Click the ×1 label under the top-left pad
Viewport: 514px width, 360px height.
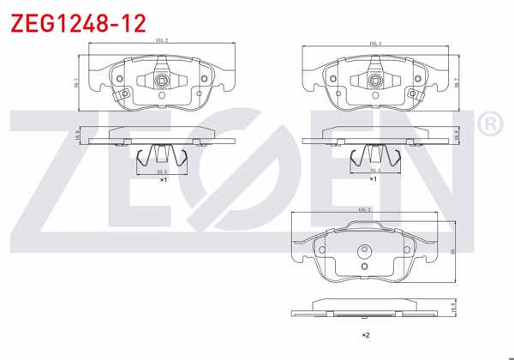(x=162, y=180)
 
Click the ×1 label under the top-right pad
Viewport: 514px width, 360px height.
(x=374, y=180)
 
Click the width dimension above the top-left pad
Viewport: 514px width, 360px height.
(x=160, y=40)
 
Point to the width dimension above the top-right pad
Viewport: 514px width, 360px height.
(x=374, y=40)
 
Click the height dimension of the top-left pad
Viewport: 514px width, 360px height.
(x=76, y=82)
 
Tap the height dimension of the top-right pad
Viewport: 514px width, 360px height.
(x=456, y=82)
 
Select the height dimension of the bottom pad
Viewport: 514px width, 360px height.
(x=452, y=250)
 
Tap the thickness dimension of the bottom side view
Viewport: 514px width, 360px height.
(x=452, y=306)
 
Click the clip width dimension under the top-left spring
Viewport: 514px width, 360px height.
(x=161, y=171)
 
